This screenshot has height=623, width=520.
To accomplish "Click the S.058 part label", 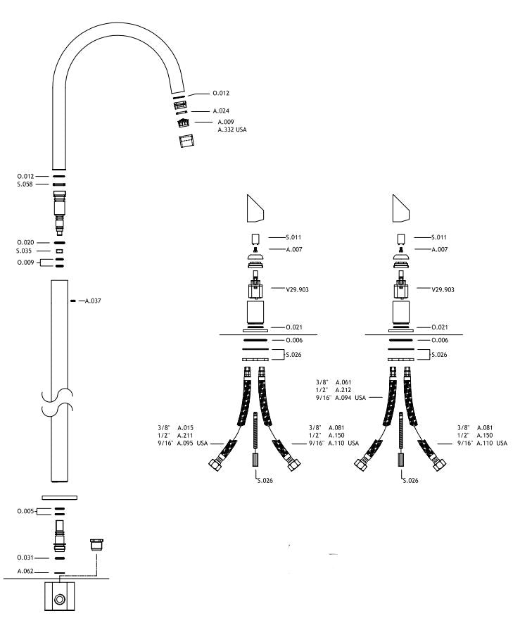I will [26, 184].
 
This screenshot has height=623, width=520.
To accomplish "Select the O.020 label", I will [26, 242].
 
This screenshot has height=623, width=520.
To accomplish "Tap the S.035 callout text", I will [26, 251].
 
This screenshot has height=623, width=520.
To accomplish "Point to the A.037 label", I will [93, 301].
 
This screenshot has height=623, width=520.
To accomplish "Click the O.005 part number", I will [26, 511].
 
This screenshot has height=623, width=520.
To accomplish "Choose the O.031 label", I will [26, 558].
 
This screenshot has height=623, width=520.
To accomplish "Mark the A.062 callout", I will [26, 572].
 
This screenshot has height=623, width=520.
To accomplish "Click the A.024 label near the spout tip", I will [221, 111].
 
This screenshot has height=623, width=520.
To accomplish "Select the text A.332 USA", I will [232, 130].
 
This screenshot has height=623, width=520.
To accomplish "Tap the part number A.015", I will [186, 427].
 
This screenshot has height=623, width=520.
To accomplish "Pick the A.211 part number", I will [186, 435].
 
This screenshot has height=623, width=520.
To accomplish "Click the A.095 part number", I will [186, 443].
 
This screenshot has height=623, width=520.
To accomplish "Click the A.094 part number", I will [347, 398].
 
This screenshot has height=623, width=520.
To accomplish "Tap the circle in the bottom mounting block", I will [60, 600].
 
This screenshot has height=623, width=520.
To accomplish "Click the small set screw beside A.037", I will [74, 301].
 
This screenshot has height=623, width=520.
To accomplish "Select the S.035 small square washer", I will [60, 251].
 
